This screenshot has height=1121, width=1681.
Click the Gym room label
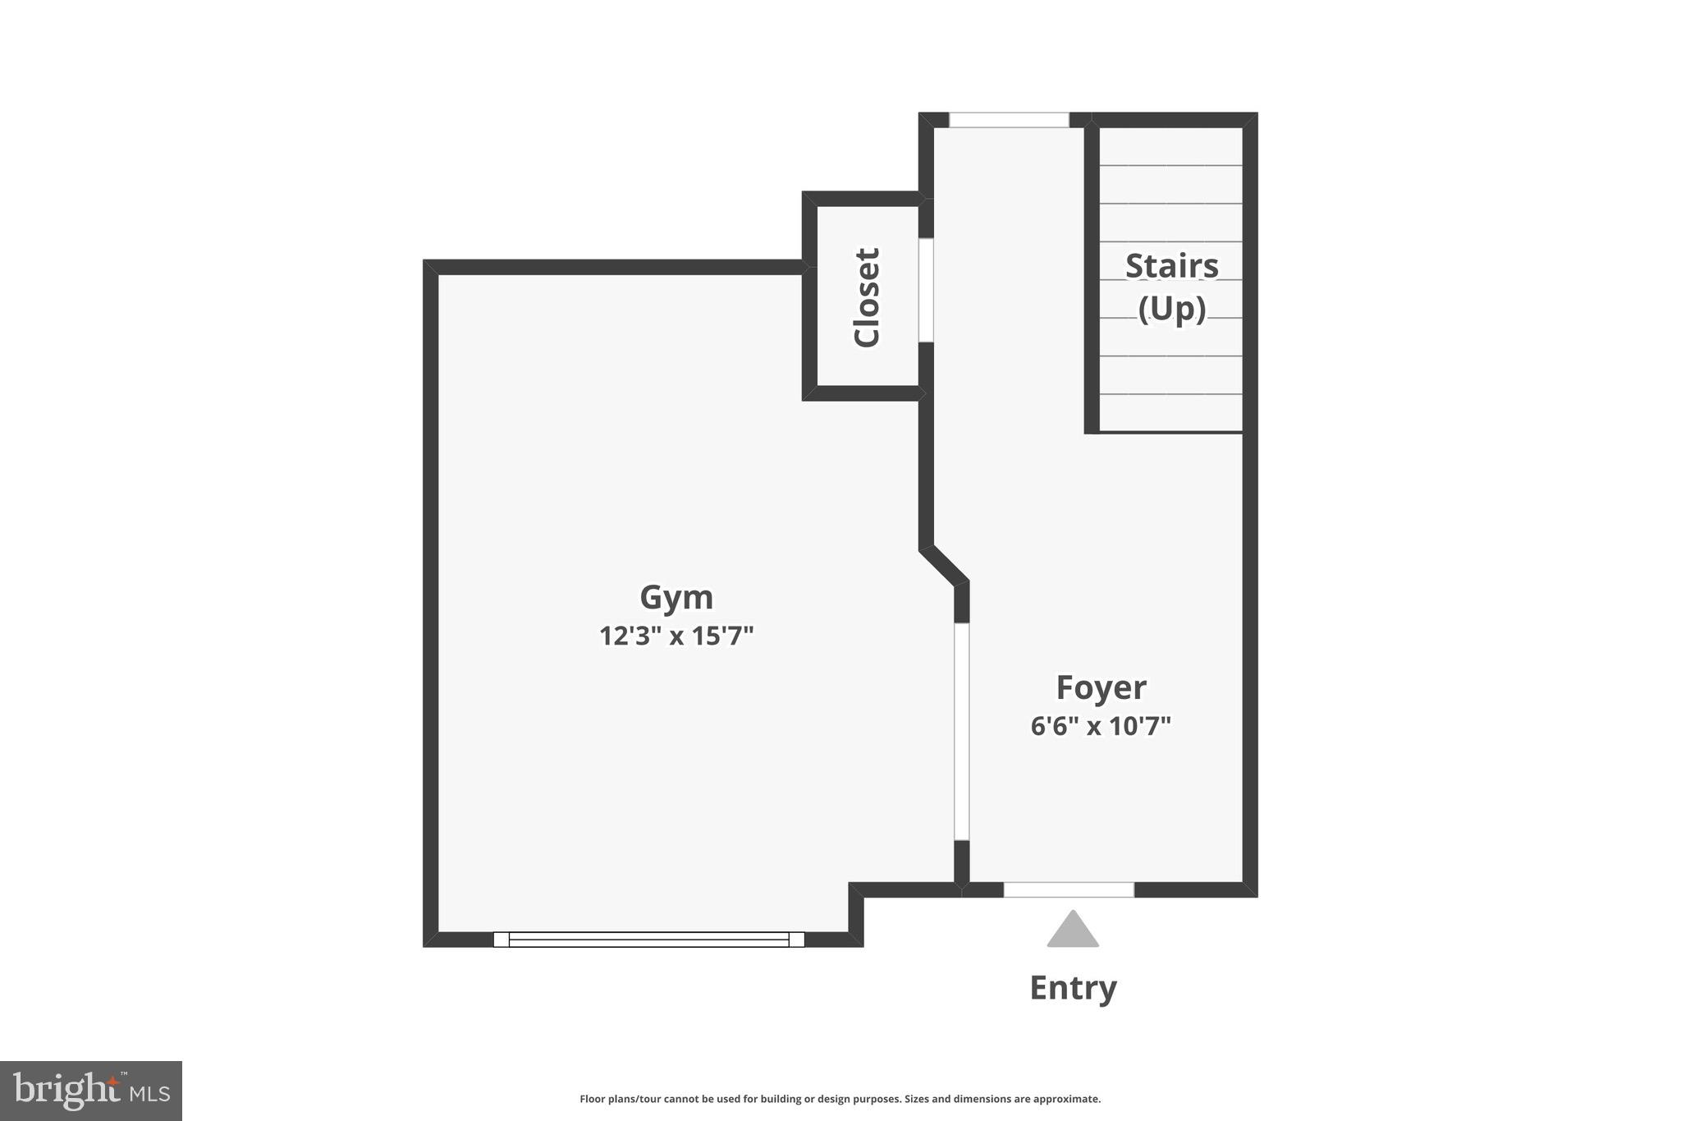tap(676, 598)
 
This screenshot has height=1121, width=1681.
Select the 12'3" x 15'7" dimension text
tap(676, 636)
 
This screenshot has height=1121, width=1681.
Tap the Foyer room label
tap(1100, 688)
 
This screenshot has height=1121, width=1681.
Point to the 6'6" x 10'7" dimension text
tap(1100, 727)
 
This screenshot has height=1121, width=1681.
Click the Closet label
tap(867, 297)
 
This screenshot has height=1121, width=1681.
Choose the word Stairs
tap(1171, 266)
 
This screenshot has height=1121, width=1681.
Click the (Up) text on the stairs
tap(1171, 310)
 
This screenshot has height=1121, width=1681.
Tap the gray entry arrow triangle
tap(1072, 931)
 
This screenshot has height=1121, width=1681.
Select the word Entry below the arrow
tap(1072, 988)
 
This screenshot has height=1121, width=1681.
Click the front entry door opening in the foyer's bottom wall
tap(1069, 889)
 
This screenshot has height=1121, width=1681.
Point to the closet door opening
tap(926, 290)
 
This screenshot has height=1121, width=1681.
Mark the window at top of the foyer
tap(1009, 120)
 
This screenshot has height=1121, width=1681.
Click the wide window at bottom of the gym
tap(648, 940)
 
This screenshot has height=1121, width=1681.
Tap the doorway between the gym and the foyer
tap(961, 731)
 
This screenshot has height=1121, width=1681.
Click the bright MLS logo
tap(91, 1091)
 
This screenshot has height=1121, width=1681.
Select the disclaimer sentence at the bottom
tap(840, 1099)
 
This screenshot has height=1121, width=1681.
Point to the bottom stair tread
tap(1170, 413)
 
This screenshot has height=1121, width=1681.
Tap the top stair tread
tap(1170, 146)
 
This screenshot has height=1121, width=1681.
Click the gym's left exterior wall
tap(431, 604)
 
